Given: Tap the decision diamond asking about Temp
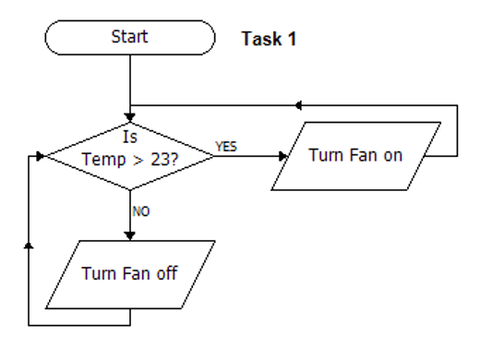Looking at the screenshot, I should click(129, 155).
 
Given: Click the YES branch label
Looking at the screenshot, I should click(225, 146).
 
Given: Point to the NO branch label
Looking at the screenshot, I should click(141, 210).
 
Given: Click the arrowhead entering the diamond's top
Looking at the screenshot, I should click(129, 118).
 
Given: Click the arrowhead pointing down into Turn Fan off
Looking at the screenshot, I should click(129, 235).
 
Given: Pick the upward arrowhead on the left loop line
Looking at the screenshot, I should click(30, 245).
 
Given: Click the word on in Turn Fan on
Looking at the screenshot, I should click(393, 155).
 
